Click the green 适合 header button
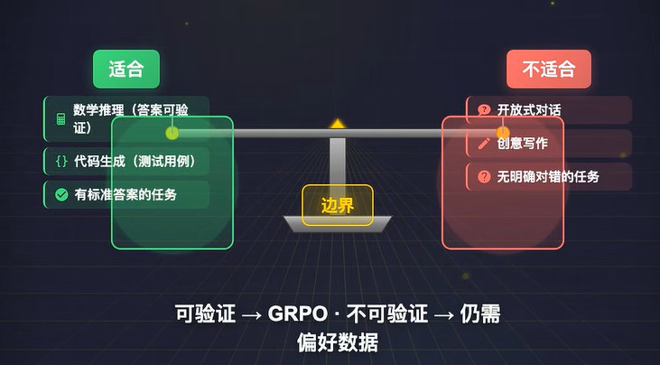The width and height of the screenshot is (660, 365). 125,69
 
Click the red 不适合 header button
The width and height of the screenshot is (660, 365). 542,69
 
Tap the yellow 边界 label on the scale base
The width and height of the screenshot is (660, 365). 337,205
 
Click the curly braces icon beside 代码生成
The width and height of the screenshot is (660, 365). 60,163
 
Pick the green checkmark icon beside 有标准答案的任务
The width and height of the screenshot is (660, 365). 60,194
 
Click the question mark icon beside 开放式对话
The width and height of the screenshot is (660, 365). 484,110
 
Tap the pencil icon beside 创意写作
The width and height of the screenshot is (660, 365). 484,143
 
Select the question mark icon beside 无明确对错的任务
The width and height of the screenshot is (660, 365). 484,176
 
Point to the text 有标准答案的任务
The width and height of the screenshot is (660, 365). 125,194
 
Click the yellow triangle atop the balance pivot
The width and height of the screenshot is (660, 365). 337,123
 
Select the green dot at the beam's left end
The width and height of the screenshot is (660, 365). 172,133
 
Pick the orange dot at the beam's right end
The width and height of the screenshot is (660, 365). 503,133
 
